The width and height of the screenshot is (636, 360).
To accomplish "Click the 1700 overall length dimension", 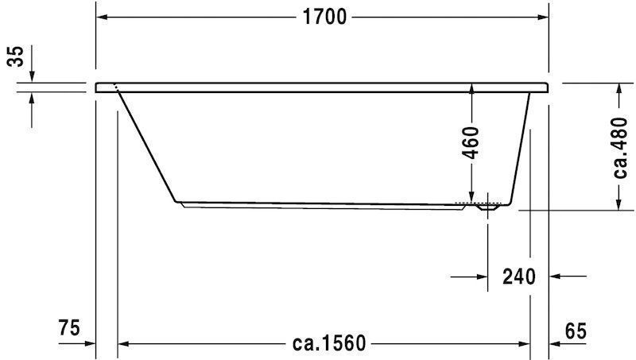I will (x=323, y=17).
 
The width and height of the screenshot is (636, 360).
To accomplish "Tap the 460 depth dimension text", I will (x=471, y=143).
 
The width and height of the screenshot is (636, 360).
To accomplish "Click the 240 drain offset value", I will (x=518, y=277).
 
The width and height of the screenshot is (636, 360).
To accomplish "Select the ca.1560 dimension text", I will (x=328, y=344).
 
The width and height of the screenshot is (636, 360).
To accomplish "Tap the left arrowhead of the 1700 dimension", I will (x=102, y=17).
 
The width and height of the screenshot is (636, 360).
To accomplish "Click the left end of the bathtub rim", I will (x=97, y=87).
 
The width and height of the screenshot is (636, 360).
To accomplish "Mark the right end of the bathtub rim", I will (x=548, y=87).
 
